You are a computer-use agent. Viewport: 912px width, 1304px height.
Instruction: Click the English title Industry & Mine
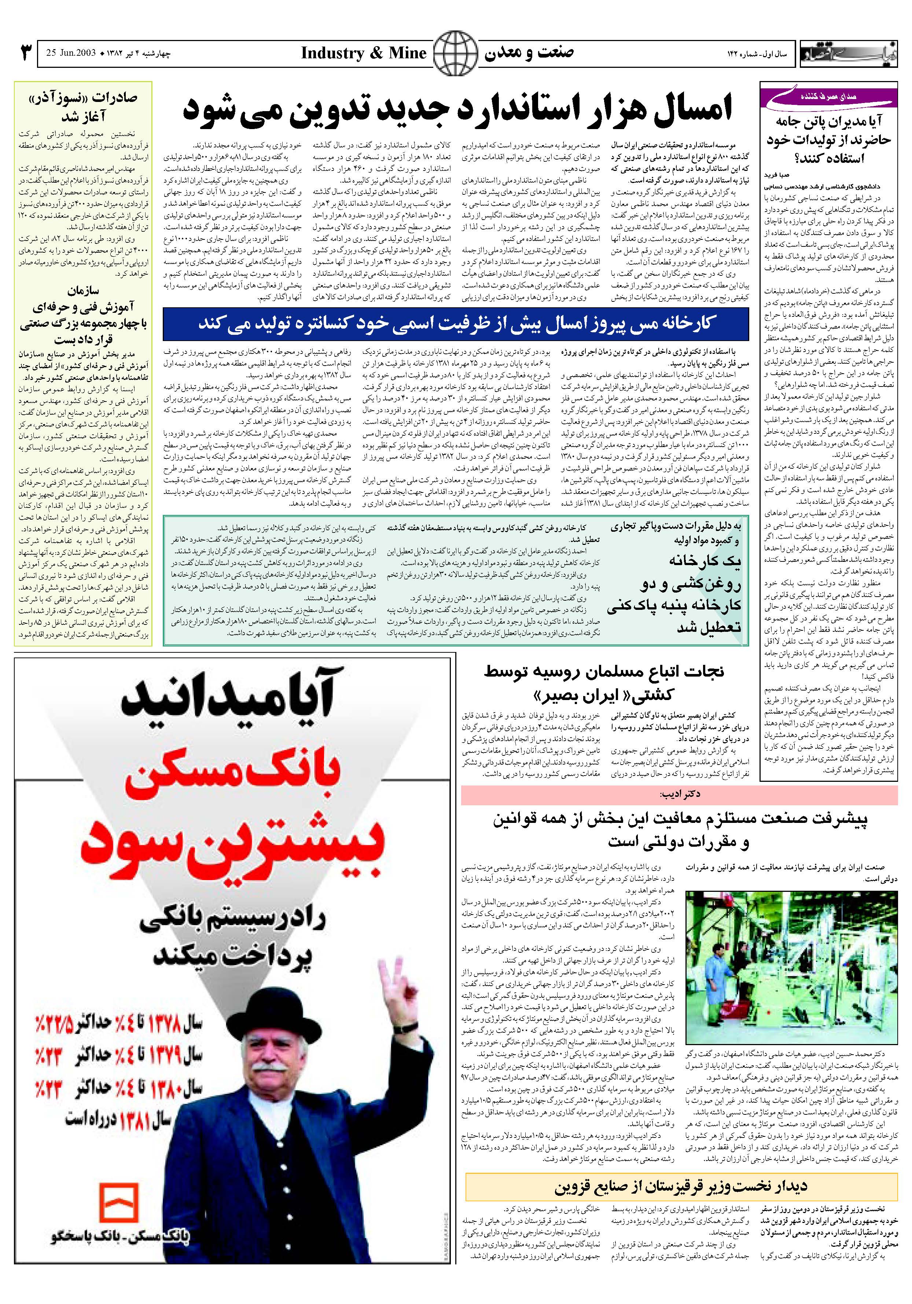click(x=363, y=54)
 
